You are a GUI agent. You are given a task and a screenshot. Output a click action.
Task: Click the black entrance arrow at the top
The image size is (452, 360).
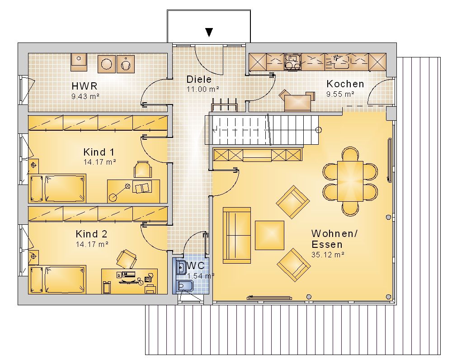click(209, 32)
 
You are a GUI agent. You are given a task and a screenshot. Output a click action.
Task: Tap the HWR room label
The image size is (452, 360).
click(85, 86)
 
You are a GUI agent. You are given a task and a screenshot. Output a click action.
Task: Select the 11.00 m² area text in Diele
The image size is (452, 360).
click(202, 89)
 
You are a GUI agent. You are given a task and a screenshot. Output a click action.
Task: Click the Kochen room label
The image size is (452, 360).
click(345, 84)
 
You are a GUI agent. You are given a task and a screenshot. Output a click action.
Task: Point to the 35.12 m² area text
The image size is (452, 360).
click(328, 255)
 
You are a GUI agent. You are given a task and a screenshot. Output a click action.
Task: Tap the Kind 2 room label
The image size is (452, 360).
click(91, 234)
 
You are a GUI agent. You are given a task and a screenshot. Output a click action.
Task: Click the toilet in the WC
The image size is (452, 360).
click(185, 286)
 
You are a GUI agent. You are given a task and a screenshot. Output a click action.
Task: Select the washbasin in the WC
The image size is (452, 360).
click(181, 267)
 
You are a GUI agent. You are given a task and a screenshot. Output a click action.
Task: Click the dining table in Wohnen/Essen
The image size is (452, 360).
click(350, 181)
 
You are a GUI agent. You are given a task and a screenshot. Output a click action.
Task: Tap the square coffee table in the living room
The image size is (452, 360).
click(269, 235)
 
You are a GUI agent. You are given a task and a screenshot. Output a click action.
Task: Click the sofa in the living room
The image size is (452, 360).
click(237, 235)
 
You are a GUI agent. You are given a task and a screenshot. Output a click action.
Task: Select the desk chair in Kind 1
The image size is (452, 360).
click(143, 170)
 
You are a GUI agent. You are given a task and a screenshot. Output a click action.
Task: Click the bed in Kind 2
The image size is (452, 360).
click(57, 279)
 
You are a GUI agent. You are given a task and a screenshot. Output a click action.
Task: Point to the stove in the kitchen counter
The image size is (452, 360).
click(292, 62)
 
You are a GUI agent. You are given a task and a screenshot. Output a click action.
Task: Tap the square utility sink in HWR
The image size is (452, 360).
click(79, 62)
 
